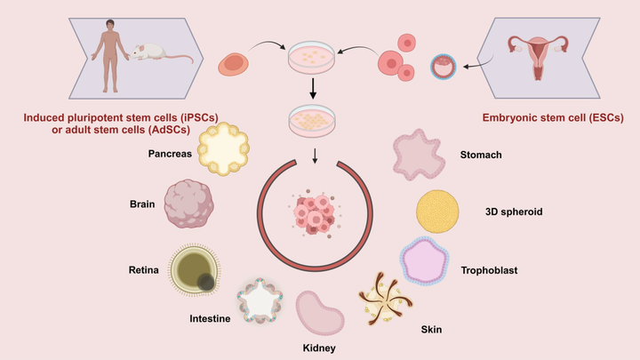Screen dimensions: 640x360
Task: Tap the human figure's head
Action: pyautogui.click(x=110, y=25)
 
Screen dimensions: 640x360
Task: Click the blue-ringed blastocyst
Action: pyautogui.click(x=443, y=67)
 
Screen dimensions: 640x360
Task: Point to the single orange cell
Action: pyautogui.click(x=233, y=64)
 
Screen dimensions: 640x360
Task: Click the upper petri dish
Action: pyautogui.click(x=311, y=57)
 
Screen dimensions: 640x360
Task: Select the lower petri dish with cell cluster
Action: pyautogui.click(x=312, y=120)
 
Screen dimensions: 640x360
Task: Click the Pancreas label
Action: pyautogui.click(x=170, y=154)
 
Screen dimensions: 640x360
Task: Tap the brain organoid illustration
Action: pyautogui.click(x=189, y=204)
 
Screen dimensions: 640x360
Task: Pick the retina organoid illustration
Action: pyautogui.click(x=195, y=269)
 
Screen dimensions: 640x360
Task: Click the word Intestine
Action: pyautogui.click(x=210, y=318)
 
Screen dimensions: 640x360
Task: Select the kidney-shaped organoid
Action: pyautogui.click(x=320, y=313)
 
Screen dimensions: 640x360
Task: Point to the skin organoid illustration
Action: pyautogui.click(x=385, y=299)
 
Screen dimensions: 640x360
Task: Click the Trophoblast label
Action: pyautogui.click(x=489, y=270)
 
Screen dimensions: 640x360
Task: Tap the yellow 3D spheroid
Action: pyautogui.click(x=437, y=212)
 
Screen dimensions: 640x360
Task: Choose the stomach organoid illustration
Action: pyautogui.click(x=419, y=155)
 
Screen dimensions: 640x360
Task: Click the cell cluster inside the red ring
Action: pyautogui.click(x=315, y=213)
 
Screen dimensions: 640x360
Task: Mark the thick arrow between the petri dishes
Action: pyautogui.click(x=313, y=89)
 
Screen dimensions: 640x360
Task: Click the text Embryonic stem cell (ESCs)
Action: pyautogui.click(x=553, y=118)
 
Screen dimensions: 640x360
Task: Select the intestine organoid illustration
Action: pyautogui.click(x=260, y=300)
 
